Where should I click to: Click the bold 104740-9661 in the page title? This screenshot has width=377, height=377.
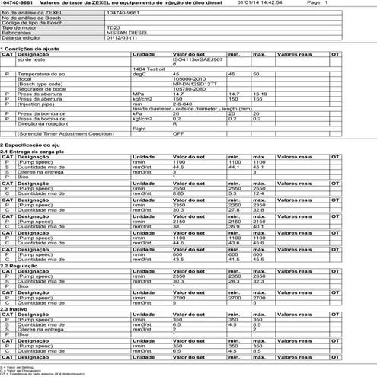point(17,3)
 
